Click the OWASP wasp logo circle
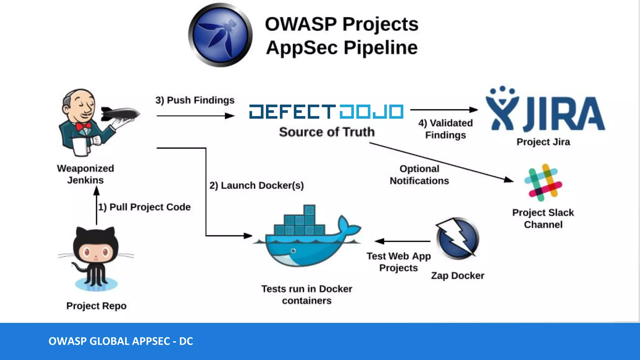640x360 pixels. point(220,35)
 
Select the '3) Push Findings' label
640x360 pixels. point(195,100)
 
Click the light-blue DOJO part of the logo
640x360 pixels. point(371,112)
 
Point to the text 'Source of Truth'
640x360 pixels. point(327,132)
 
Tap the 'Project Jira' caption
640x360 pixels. point(543,142)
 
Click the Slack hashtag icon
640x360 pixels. point(543,182)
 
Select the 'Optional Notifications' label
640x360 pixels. point(419,175)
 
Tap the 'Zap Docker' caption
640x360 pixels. point(457,276)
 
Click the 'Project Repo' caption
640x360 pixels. point(96,306)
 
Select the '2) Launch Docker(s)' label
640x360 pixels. point(257,185)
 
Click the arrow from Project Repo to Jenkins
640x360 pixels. point(97,206)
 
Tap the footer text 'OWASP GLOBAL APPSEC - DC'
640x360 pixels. point(121,341)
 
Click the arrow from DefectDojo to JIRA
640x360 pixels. point(444,110)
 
